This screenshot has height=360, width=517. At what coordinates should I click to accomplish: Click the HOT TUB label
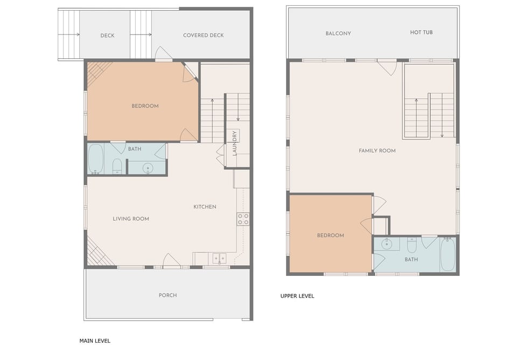pos(421,32)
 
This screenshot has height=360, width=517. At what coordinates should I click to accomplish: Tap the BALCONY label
pos(338,33)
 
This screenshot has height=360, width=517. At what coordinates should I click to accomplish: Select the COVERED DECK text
pos(203,36)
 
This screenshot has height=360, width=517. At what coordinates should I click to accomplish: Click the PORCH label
pos(167,295)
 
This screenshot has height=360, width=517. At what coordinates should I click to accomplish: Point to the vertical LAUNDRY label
pos(234,143)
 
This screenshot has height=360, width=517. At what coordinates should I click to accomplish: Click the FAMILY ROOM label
pos(377,151)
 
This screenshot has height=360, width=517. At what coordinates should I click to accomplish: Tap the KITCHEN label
pos(205,207)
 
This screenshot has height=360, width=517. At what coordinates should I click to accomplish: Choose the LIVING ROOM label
pos(130,219)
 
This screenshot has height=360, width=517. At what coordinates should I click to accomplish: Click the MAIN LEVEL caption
pos(95,341)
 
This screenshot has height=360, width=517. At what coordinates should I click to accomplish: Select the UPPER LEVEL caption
pos(297,296)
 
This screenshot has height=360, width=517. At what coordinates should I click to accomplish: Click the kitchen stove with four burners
pos(243,219)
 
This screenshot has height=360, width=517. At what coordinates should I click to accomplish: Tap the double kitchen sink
pos(219,258)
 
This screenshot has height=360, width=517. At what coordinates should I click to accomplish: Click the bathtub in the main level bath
pos(96,159)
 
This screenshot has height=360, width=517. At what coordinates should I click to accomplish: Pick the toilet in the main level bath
pos(117,166)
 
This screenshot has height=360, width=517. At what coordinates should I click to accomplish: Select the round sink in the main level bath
pos(148,168)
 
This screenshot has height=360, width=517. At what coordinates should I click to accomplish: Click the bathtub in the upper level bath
pos(448,254)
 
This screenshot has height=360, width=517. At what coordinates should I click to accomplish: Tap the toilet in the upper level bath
pos(412,245)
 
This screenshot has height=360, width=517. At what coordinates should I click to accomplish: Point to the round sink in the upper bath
pos(387,244)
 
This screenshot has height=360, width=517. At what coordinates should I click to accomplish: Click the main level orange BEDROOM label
pos(145,106)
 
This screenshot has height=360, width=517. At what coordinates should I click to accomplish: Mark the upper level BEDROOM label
pos(330,236)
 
